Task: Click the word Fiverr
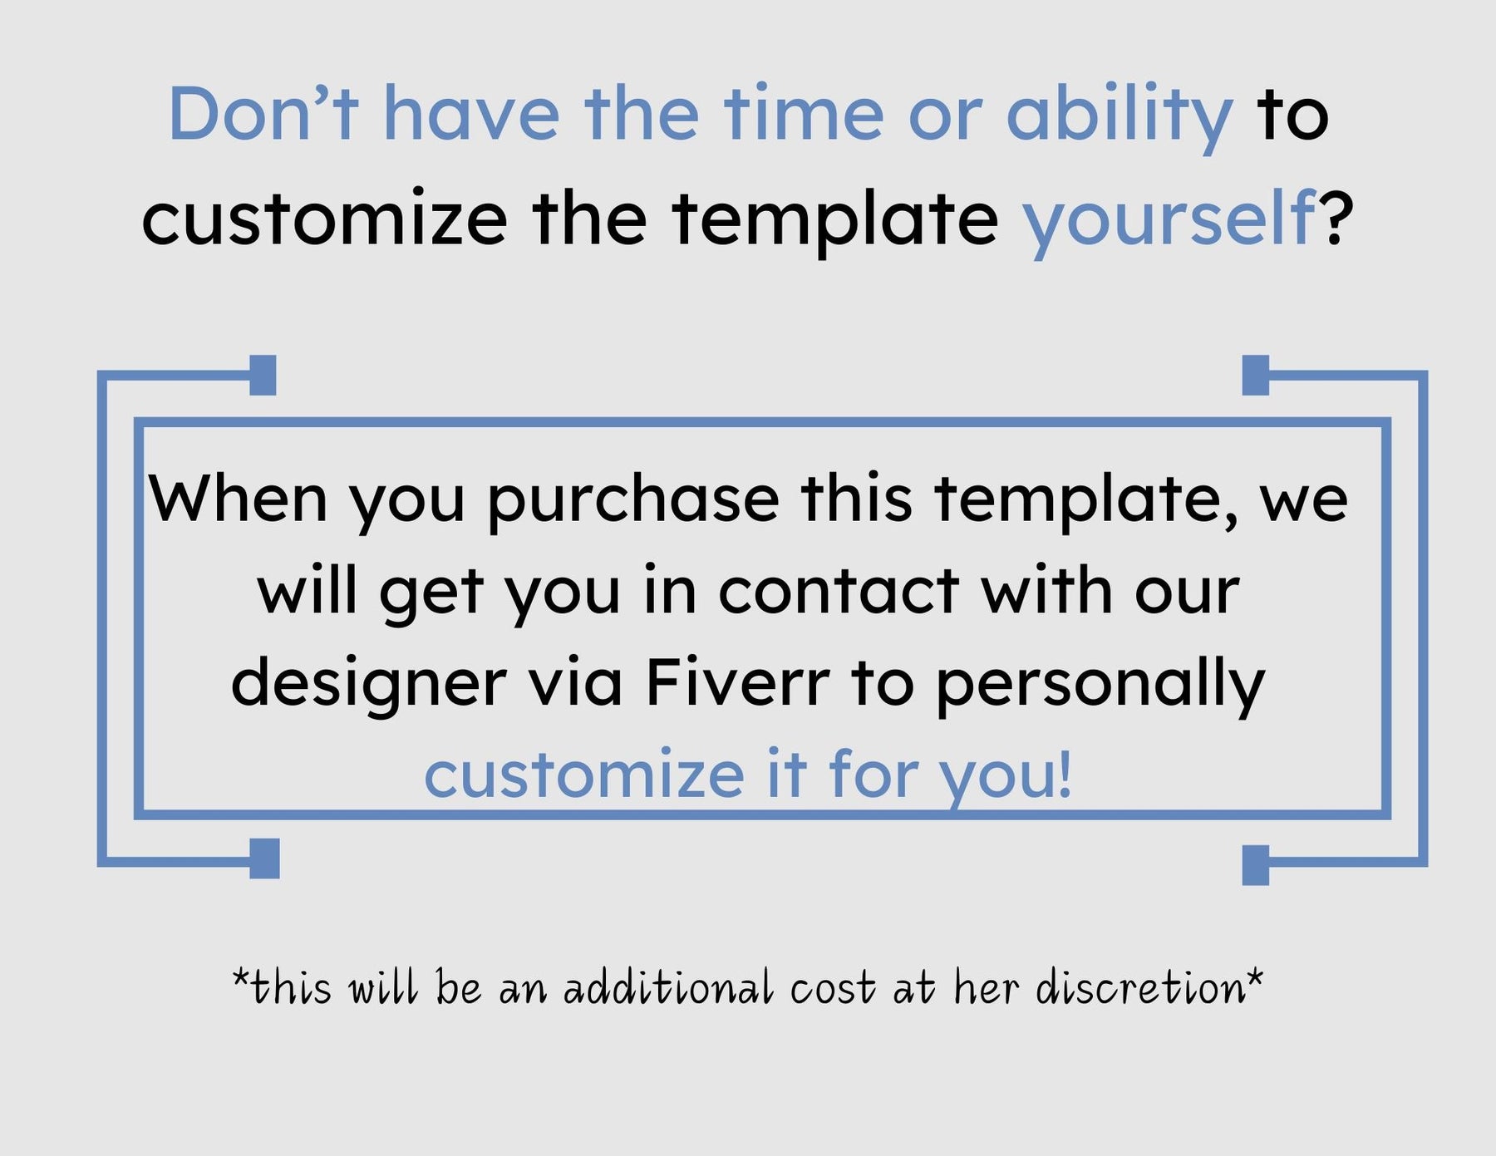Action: tap(737, 683)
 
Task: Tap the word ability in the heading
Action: tap(1119, 116)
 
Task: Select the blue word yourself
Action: tap(1169, 220)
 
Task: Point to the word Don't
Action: tap(263, 113)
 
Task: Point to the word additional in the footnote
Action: tap(668, 988)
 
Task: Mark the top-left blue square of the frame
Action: tap(263, 375)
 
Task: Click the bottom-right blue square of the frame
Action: tap(1256, 865)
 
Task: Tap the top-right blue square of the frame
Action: tap(1256, 375)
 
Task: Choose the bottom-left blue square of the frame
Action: tap(264, 858)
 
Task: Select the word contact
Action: tap(839, 592)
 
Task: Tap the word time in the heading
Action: tap(804, 113)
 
